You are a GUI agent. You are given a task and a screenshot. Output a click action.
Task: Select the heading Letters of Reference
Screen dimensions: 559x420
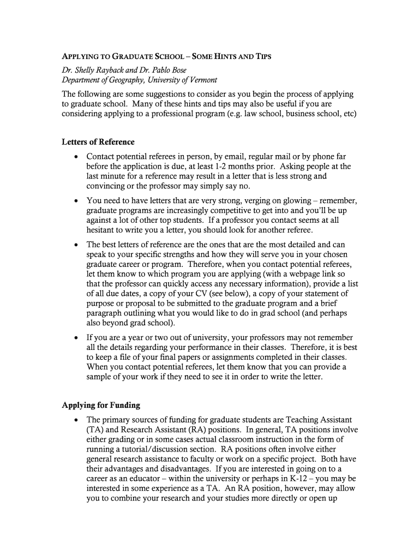tap(98, 142)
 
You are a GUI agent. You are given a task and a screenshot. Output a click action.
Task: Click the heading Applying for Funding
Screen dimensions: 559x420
tap(101, 405)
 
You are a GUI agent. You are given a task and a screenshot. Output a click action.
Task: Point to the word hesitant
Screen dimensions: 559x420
tap(103, 230)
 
